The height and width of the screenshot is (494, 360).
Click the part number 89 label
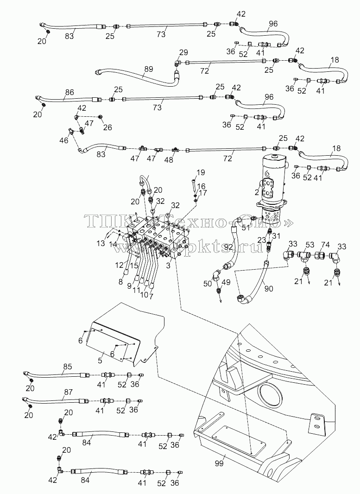coord(149,69)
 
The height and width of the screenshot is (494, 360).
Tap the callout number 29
coord(183,52)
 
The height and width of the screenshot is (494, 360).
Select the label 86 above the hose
coord(69,92)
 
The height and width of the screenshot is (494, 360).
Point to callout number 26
coord(107,127)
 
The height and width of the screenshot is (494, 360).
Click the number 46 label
coord(64,140)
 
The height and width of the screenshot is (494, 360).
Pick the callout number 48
coord(169,160)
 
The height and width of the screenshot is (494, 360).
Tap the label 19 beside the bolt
coord(201,172)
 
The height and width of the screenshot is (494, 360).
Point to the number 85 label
coord(68,367)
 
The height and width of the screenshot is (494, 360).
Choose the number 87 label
coord(68,392)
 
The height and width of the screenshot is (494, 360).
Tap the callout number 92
coord(228,247)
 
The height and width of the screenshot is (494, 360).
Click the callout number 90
coord(269,288)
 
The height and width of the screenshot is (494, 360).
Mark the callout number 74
coord(326,245)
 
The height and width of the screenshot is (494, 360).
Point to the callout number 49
coord(226,282)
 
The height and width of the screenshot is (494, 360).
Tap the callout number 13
coord(101,243)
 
